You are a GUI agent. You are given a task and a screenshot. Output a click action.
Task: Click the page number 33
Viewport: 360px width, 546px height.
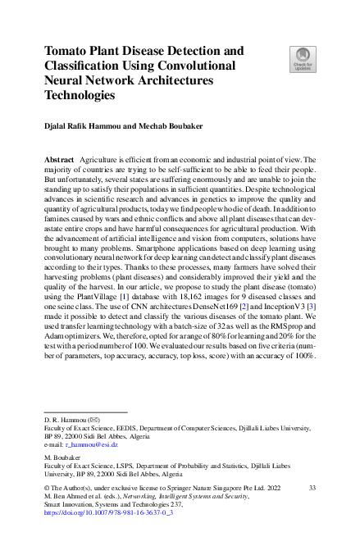(312, 487)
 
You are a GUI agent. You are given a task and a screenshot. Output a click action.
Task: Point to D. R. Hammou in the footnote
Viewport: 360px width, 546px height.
(64, 417)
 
